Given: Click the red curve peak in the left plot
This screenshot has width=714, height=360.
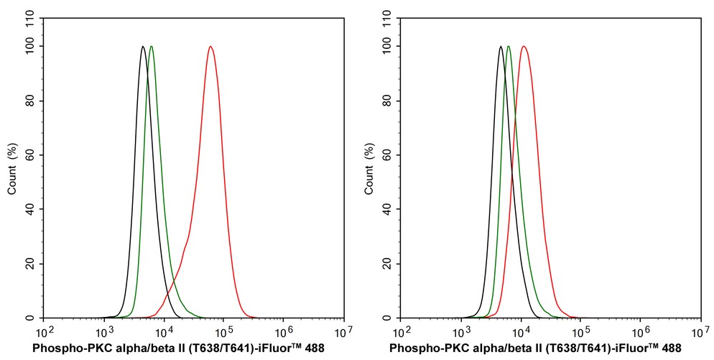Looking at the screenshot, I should tap(210, 47).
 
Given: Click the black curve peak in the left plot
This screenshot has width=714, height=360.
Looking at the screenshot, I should tap(143, 47).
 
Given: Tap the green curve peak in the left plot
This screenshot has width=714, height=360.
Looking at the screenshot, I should tap(151, 47).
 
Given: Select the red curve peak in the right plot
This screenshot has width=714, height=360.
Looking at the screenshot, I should tap(524, 47).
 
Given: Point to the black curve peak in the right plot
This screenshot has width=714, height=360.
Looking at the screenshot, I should tap(500, 47).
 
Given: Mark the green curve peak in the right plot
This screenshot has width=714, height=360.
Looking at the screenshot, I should tap(509, 47).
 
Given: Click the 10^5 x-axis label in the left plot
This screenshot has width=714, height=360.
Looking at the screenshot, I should tap(223, 331).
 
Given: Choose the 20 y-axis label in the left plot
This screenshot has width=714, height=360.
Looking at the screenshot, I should tap(32, 264).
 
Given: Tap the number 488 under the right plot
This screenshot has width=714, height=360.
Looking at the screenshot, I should tap(671, 349).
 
